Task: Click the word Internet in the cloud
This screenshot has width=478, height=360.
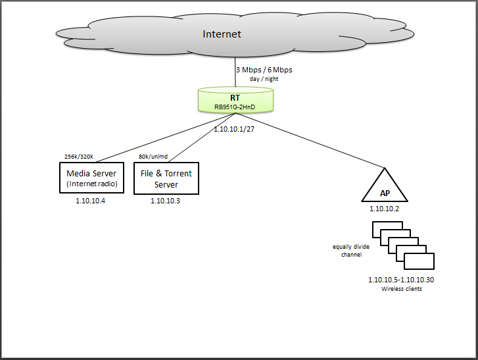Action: pyautogui.click(x=222, y=34)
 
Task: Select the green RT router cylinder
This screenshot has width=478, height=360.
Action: pyautogui.click(x=235, y=99)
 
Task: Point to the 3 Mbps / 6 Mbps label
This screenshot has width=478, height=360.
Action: pyautogui.click(x=264, y=70)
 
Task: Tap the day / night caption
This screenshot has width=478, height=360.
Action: pyautogui.click(x=264, y=79)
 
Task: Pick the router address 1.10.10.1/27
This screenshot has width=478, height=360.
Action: pyautogui.click(x=235, y=130)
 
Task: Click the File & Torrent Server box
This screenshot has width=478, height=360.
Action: pyautogui.click(x=166, y=178)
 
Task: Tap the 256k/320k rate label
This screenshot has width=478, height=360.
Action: pyautogui.click(x=79, y=157)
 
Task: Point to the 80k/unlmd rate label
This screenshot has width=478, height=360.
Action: pyautogui.click(x=153, y=157)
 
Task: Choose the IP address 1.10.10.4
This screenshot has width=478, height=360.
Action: pyautogui.click(x=91, y=201)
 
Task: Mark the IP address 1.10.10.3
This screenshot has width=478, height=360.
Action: pyautogui.click(x=165, y=201)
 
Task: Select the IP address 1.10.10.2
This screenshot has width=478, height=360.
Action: pyautogui.click(x=384, y=208)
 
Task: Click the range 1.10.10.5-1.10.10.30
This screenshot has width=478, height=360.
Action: pyautogui.click(x=400, y=280)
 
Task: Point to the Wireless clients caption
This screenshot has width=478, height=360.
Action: pyautogui.click(x=401, y=289)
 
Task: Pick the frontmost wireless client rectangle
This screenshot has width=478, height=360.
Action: pyautogui.click(x=419, y=261)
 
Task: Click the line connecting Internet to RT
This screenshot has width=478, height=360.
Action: pyautogui.click(x=235, y=73)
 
